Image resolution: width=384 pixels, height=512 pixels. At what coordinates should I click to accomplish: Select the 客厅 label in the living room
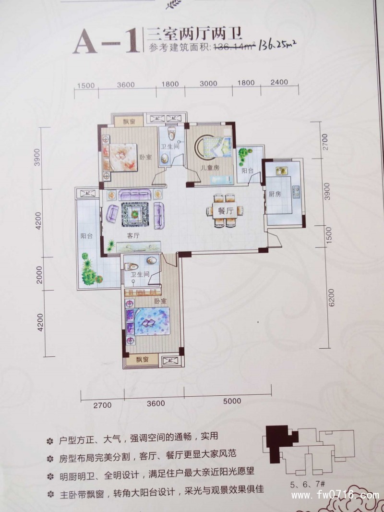coord(133,236)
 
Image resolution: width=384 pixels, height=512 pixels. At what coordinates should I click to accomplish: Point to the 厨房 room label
coord(275,195)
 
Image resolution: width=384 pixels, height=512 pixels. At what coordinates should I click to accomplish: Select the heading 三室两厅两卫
coord(193,33)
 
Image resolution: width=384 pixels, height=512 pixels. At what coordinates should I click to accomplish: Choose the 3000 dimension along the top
coord(208,83)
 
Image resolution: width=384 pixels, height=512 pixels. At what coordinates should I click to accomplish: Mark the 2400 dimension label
coord(279,83)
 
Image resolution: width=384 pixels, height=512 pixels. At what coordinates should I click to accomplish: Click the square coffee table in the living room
coord(135,213)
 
